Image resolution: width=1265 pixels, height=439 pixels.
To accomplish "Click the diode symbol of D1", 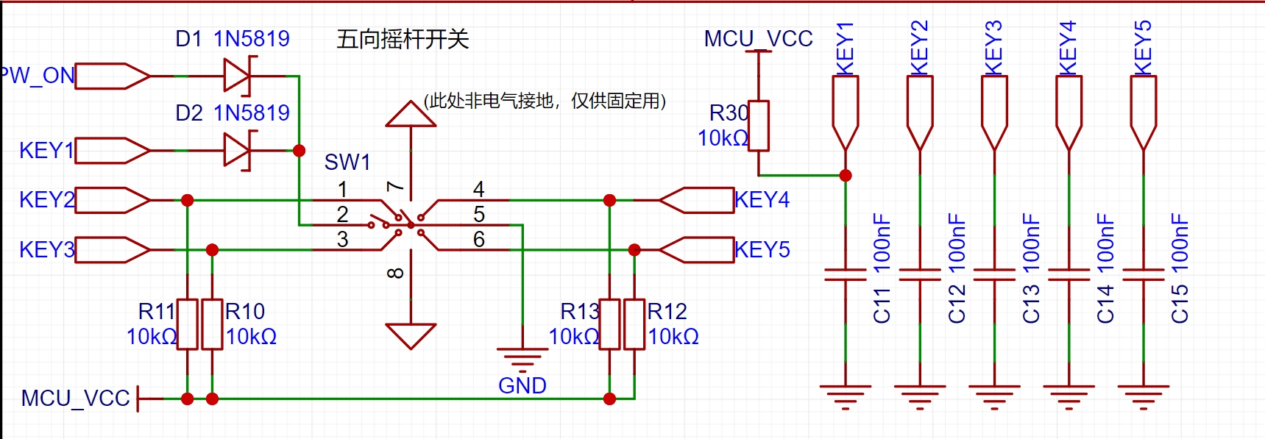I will point(237,76).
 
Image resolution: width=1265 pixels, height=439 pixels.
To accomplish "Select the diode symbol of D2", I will point(237,150).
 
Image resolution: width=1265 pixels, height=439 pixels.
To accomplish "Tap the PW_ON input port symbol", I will point(112,76).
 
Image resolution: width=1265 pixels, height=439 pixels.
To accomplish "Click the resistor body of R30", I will point(759,126).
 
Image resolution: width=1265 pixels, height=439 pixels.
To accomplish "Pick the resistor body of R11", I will point(188,324).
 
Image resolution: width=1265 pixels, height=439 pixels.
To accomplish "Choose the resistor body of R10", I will point(213,324).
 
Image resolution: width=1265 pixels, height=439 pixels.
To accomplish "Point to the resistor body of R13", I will point(609,324).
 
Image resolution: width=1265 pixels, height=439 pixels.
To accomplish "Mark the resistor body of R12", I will point(634,324).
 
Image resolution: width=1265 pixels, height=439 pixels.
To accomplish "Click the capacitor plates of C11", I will point(846,274).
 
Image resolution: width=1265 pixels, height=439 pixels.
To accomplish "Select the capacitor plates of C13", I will point(994,274).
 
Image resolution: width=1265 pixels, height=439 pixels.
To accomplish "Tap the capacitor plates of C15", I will point(1143,274).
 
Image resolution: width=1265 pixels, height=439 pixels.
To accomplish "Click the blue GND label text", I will point(522,385).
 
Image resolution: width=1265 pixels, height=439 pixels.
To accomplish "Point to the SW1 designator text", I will point(347,162).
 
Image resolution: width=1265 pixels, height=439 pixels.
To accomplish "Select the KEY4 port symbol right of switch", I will point(696,200).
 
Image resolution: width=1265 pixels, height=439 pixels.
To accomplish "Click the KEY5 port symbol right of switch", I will point(696,250).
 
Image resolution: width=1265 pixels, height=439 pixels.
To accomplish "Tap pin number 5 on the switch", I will point(479,214).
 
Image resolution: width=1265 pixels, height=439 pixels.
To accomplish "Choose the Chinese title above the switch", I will point(403,39).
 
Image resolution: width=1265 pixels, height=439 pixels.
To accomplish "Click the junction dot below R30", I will point(846,175).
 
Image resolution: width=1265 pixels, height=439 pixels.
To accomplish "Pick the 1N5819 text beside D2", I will point(252,113).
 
